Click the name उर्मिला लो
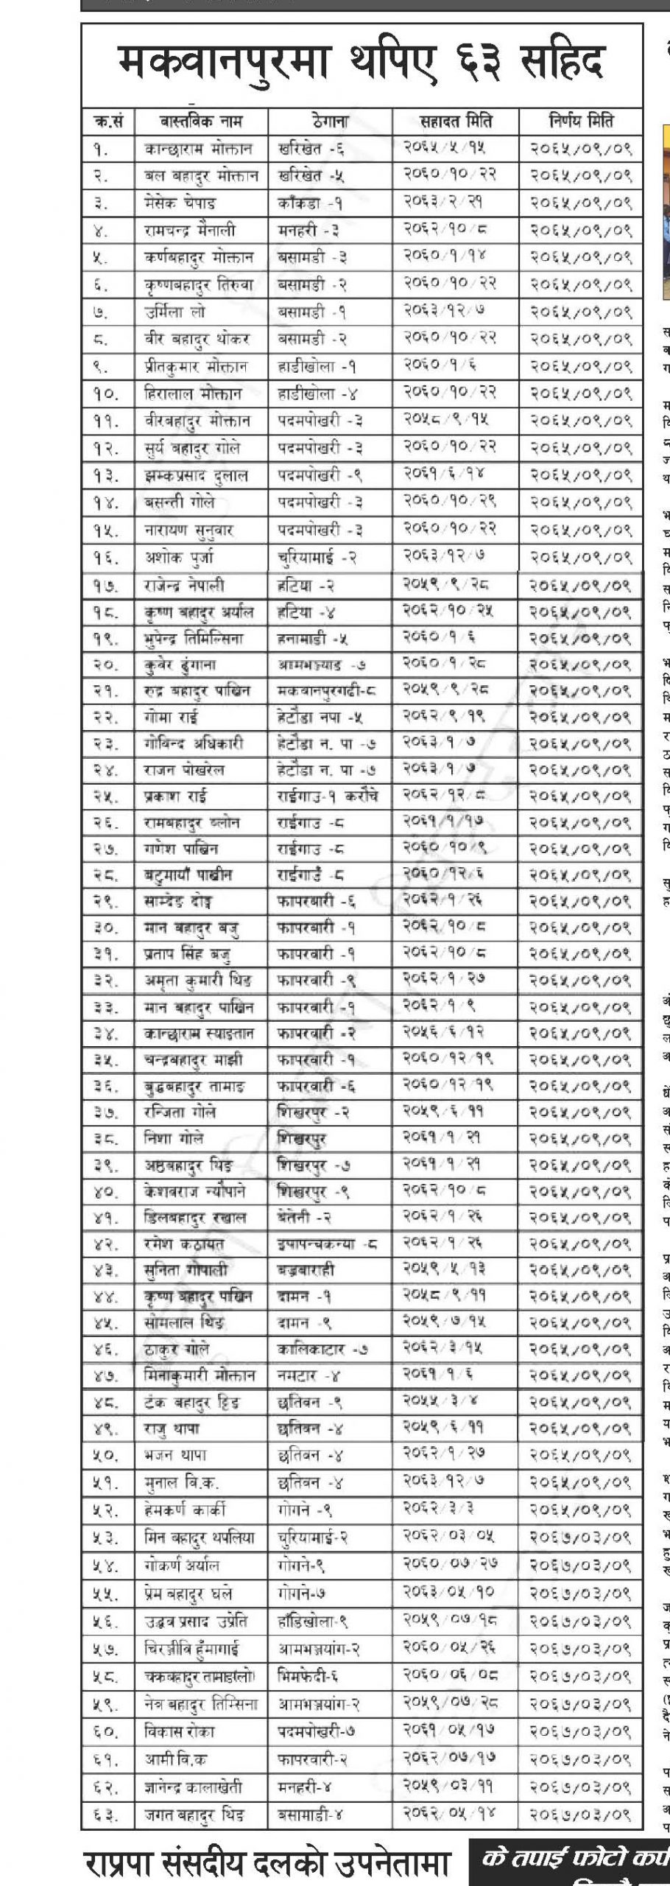[x=174, y=312]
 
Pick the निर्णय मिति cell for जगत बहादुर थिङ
[x=581, y=1814]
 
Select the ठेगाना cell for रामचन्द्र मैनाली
[x=308, y=231]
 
